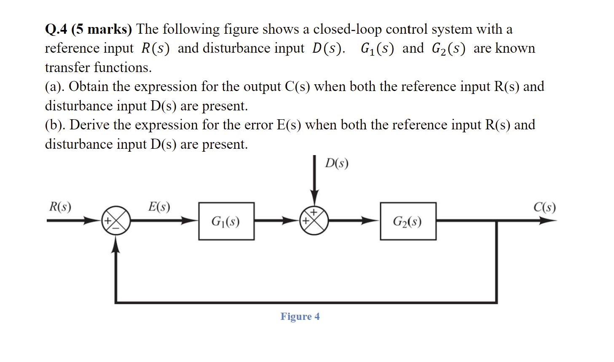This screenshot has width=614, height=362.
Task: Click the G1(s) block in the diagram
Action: pos(226,221)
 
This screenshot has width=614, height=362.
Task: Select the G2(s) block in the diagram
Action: pos(408,221)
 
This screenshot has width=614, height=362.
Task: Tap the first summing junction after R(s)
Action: pos(116,220)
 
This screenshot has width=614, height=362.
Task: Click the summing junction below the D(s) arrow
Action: pos(314,220)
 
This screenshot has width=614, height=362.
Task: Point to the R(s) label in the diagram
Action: pos(60,207)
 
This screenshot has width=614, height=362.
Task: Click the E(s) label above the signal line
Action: pos(159,206)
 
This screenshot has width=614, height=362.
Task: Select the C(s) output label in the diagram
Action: pos(544,207)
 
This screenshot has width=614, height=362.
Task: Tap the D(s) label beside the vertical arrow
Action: pos(336,164)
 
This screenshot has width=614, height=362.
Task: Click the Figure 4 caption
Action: pos(300,316)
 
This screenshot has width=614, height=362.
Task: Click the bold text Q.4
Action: pos(56,29)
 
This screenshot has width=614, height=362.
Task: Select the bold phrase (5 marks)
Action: pos(102,29)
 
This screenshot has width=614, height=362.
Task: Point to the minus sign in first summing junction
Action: pos(116,228)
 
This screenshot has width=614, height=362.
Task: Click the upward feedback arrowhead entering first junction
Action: pos(116,244)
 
